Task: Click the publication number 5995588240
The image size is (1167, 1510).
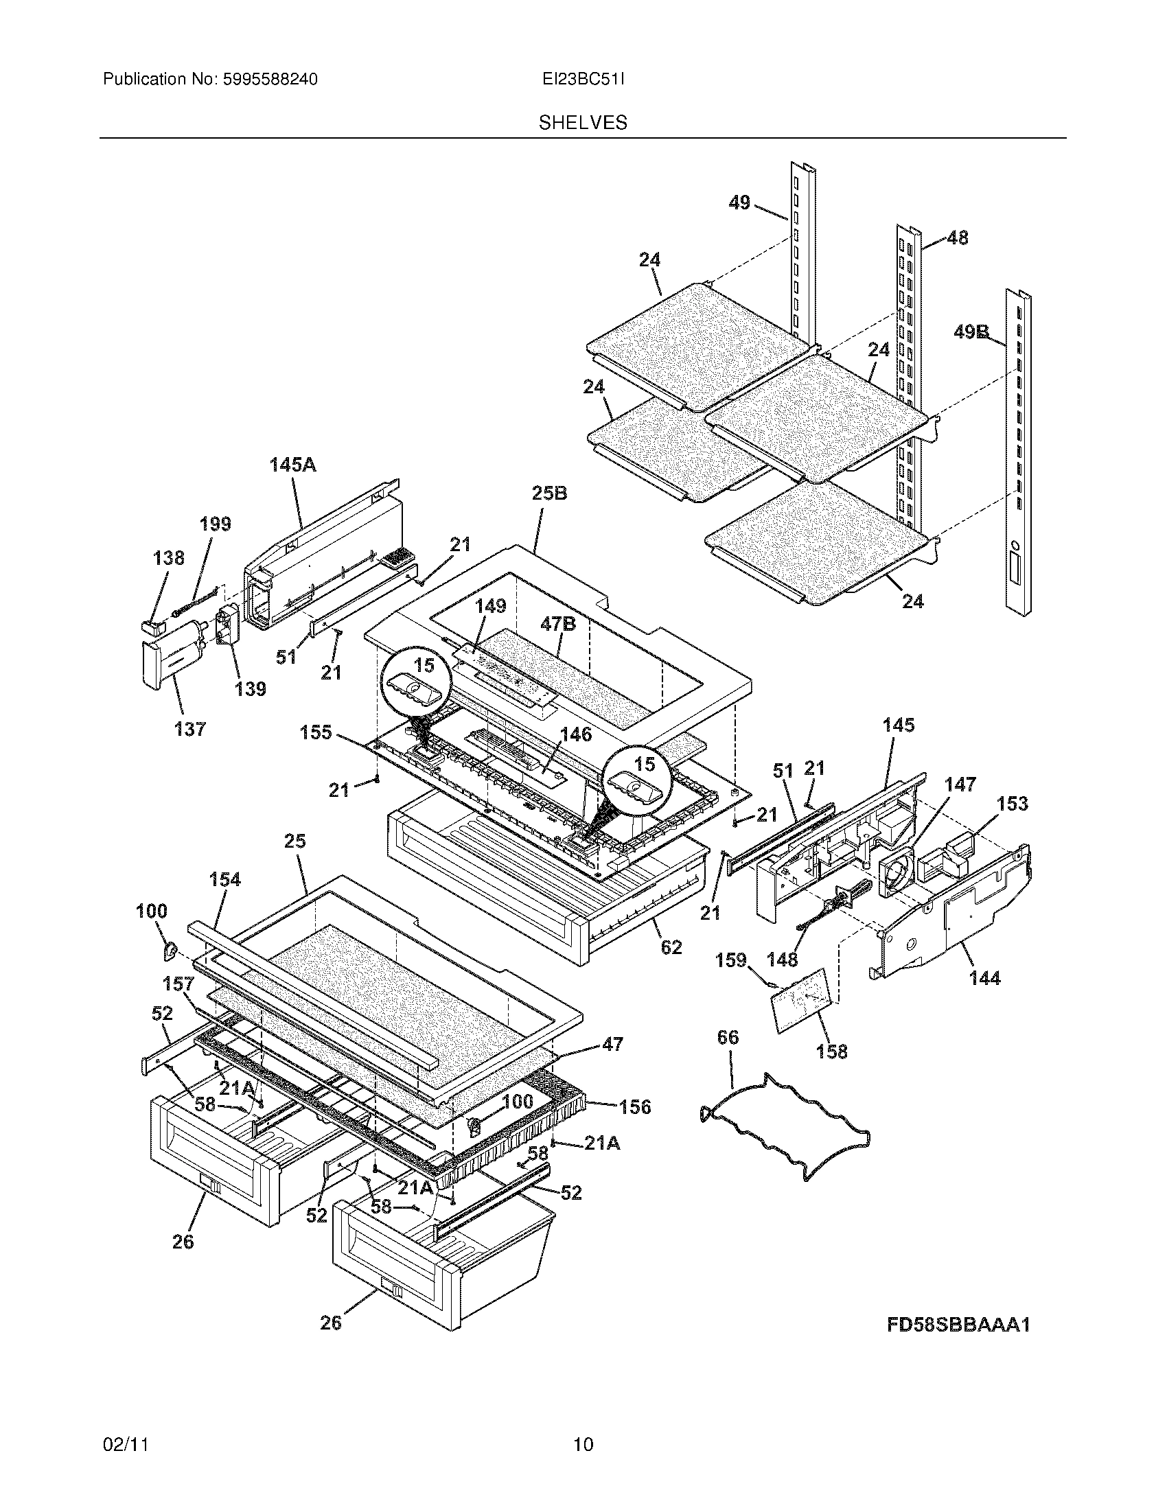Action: point(270,80)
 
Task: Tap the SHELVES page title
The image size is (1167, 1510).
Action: point(583,123)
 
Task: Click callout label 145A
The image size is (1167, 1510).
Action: point(292,465)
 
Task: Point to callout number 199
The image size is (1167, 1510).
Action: point(215,524)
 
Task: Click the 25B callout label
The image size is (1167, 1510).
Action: point(550,493)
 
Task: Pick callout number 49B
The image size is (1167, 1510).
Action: point(971,333)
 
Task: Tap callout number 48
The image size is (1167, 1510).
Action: point(957,238)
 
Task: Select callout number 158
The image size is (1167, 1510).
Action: point(831,1052)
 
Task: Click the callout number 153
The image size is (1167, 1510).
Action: point(1012,804)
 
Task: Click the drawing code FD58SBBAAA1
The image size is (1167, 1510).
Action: point(958,1325)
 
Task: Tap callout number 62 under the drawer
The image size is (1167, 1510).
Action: point(671,947)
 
